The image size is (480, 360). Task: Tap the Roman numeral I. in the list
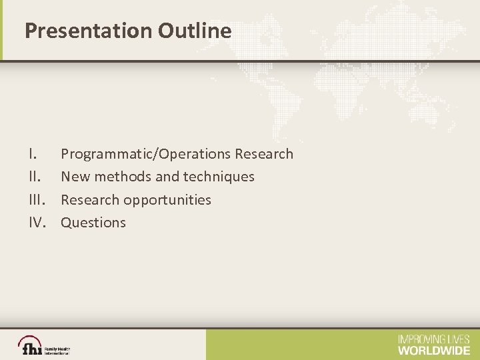click(32, 154)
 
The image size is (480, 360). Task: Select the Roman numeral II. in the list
click(33, 177)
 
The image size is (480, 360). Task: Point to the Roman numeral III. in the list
click(35, 200)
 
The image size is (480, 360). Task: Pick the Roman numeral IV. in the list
click(37, 223)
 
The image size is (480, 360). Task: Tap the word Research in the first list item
click(264, 154)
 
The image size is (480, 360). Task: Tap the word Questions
click(93, 223)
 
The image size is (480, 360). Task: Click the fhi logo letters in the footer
click(31, 348)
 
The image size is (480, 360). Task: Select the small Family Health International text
click(57, 350)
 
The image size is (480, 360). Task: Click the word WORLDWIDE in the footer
click(434, 350)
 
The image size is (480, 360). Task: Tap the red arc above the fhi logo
click(30, 339)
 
